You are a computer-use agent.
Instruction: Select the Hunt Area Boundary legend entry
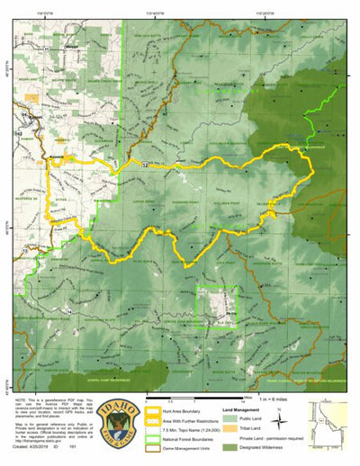(x=184, y=410)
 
